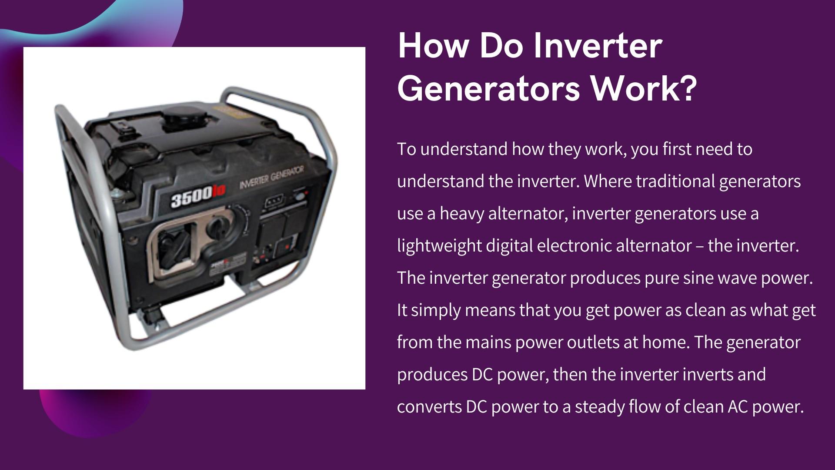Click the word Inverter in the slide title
tap(598, 46)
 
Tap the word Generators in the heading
tap(489, 89)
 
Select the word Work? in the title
tap(644, 89)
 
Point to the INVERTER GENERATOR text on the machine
tap(271, 177)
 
